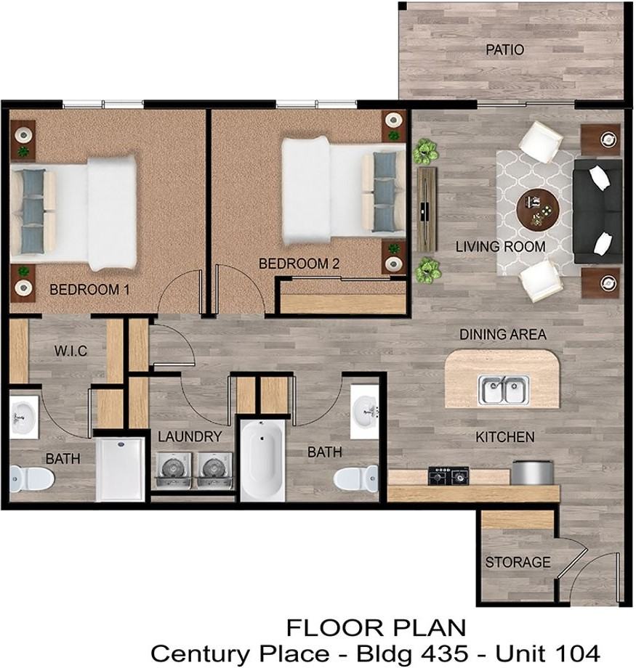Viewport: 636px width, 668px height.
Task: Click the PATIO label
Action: (504, 50)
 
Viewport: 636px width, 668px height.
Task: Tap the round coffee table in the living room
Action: (537, 210)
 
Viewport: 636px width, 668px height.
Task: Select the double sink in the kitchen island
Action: (504, 389)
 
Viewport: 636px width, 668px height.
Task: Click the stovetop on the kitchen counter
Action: (448, 475)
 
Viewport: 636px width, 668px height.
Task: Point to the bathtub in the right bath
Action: (263, 460)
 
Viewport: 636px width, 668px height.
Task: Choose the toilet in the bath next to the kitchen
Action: (355, 478)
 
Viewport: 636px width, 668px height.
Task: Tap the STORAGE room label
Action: (518, 562)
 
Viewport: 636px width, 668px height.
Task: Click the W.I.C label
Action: (71, 351)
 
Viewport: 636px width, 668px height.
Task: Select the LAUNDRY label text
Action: (190, 436)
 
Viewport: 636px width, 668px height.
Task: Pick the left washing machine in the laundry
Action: (173, 470)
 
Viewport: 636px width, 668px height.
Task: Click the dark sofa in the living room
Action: (597, 211)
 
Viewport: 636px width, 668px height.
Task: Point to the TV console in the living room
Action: (427, 209)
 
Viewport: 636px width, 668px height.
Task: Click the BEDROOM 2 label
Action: (299, 264)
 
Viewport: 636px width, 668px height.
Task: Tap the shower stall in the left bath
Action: (120, 469)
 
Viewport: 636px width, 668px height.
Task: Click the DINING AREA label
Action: (502, 335)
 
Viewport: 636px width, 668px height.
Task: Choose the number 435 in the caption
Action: (443, 653)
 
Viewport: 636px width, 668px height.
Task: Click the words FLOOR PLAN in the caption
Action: (377, 628)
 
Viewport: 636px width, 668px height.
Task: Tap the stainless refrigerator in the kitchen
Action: (532, 473)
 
